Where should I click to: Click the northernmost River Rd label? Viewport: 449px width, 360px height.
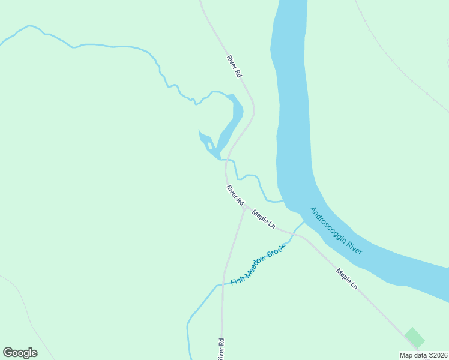tap(234, 66)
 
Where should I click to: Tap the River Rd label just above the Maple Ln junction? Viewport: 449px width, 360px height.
tap(235, 194)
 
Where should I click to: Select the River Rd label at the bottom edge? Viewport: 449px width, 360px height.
tap(221, 349)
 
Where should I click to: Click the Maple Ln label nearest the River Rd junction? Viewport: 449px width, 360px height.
tap(264, 219)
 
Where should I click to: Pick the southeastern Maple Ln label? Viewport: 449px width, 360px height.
tap(347, 279)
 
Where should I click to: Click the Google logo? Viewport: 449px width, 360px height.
tap(20, 353)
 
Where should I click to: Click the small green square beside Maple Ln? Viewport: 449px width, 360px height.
tap(414, 337)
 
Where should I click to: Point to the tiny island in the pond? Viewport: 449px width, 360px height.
tap(209, 145)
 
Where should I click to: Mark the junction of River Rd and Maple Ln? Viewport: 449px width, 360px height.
tap(244, 208)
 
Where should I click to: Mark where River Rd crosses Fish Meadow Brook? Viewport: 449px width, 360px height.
tap(223, 284)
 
